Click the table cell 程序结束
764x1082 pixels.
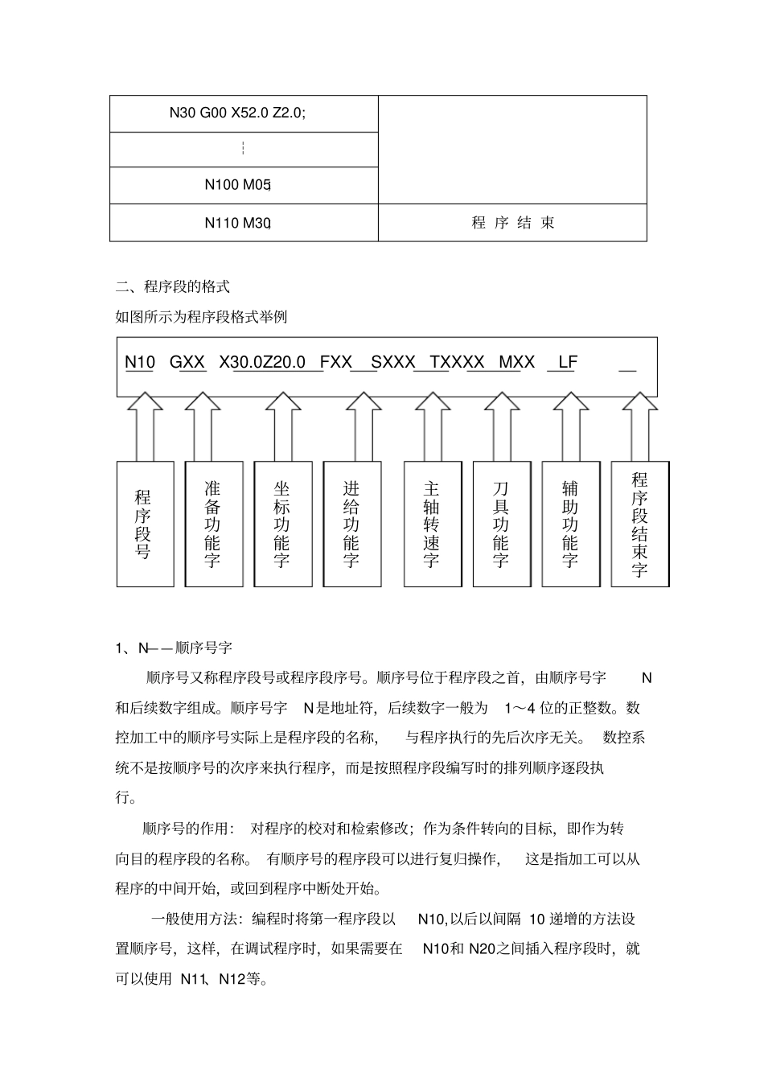tap(513, 223)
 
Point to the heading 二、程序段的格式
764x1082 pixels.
tap(173, 286)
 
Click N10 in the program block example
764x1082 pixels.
tap(140, 362)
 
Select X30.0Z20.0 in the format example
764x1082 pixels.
tap(262, 362)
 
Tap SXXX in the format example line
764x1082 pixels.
tap(392, 362)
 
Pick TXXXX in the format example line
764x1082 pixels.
tap(457, 362)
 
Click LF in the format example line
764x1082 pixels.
tap(567, 362)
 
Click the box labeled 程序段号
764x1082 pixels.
tap(145, 524)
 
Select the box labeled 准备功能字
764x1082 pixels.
tap(213, 524)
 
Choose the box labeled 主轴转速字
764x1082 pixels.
tap(432, 524)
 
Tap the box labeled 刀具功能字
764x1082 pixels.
tap(501, 524)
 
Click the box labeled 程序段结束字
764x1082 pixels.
tap(639, 524)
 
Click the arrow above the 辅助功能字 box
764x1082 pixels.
tap(570, 426)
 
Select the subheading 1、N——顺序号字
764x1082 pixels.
tap(174, 648)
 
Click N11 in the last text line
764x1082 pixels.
tap(193, 979)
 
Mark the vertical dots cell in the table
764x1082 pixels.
tap(243, 149)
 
